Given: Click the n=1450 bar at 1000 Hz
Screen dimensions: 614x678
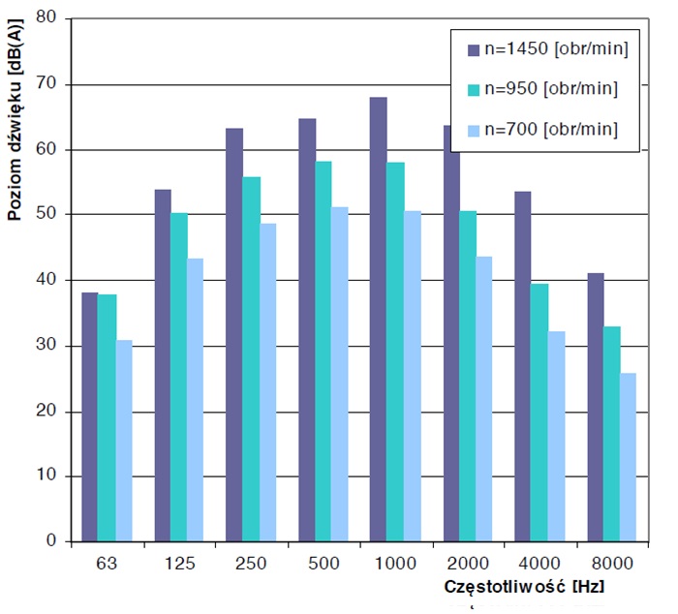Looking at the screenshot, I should [379, 320].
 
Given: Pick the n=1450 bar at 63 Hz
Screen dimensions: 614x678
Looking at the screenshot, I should [90, 416].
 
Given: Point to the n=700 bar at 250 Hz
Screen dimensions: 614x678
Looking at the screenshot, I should [265, 382].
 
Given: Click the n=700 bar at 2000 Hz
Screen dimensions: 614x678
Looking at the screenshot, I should [483, 398].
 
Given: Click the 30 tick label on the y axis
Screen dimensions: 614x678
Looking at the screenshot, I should [50, 346].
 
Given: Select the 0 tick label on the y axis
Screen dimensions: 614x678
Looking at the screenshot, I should [54, 541].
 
